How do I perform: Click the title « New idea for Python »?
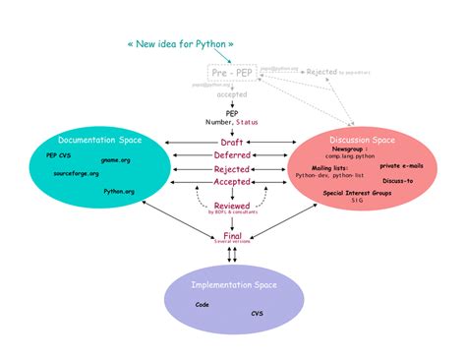[180, 44]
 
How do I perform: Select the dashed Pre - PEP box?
[232, 73]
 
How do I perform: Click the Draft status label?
[232, 143]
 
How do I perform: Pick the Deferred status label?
[232, 155]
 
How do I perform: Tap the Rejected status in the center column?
[232, 168]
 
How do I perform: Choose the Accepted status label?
[232, 181]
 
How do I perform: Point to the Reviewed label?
[232, 205]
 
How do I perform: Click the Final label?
[232, 235]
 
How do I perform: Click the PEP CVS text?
[58, 155]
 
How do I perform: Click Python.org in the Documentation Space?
[119, 191]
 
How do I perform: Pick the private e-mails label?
[402, 165]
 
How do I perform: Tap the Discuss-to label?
[397, 181]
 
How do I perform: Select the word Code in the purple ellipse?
[202, 304]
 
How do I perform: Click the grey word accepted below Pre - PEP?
[232, 95]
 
